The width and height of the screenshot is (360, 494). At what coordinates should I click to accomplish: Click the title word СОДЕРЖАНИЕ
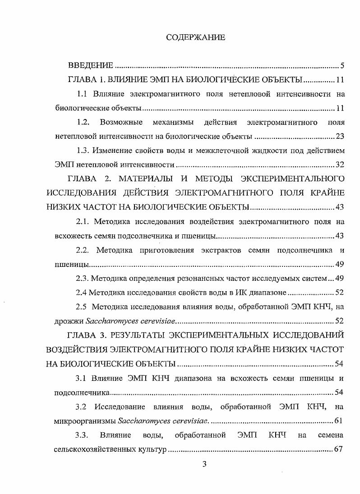pyautogui.click(x=195, y=37)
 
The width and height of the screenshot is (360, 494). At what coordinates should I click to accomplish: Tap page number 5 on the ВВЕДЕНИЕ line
pyautogui.click(x=342, y=66)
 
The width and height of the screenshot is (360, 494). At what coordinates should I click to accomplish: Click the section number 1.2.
pyautogui.click(x=83, y=122)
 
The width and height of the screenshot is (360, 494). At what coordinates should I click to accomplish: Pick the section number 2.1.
pyautogui.click(x=84, y=222)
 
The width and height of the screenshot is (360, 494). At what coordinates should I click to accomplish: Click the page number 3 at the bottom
pyautogui.click(x=204, y=465)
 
